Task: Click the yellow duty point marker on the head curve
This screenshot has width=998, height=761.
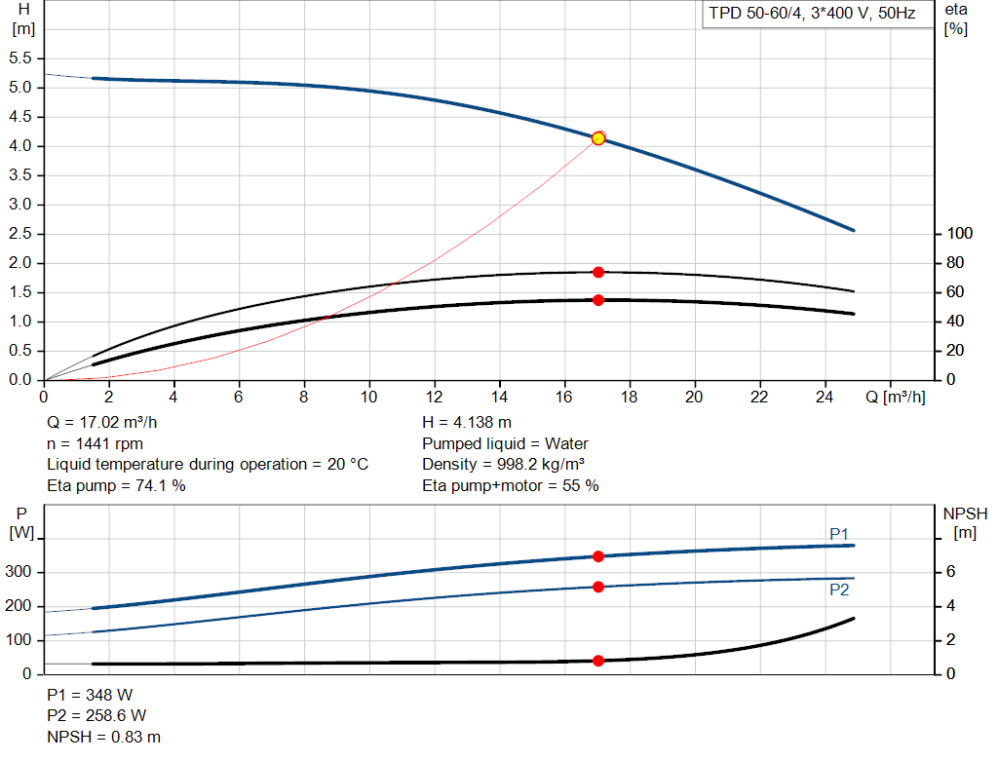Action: [598, 138]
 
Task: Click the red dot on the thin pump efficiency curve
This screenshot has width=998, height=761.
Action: [598, 272]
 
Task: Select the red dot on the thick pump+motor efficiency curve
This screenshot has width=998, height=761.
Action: [598, 300]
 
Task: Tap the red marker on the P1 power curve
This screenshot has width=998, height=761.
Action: [598, 556]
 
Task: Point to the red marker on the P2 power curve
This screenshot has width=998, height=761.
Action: [598, 587]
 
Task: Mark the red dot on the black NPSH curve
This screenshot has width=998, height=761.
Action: [598, 661]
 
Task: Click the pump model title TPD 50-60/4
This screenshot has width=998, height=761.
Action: [811, 15]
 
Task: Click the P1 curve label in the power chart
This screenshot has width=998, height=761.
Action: [839, 533]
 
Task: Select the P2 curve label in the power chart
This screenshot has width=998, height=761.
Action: [839, 590]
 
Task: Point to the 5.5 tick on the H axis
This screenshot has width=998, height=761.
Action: [21, 58]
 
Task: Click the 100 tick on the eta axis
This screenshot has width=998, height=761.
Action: [960, 234]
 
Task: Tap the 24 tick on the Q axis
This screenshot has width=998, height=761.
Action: [825, 397]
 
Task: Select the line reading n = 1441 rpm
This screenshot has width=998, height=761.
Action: [95, 443]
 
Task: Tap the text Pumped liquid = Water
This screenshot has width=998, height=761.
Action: [505, 443]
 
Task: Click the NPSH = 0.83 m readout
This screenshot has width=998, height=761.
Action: [103, 737]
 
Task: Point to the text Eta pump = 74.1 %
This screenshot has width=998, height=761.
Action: [116, 485]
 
